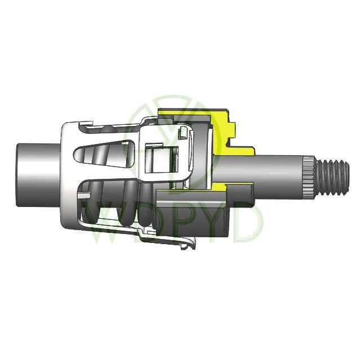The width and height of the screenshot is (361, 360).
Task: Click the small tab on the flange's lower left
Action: [83, 195]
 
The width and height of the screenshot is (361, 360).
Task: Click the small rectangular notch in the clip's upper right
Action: [184, 134]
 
